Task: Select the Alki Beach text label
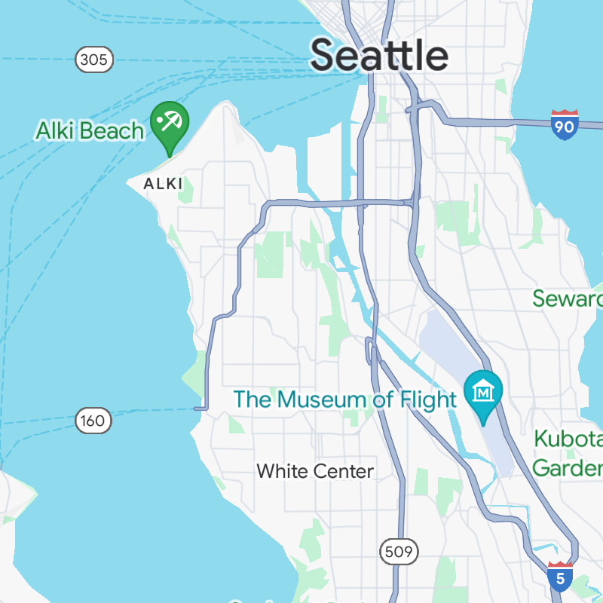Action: tap(90, 130)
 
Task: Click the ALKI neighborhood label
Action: tap(164, 183)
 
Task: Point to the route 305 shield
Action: tap(94, 59)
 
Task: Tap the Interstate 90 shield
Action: tap(564, 125)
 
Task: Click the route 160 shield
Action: tap(93, 421)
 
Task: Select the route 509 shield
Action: tap(397, 552)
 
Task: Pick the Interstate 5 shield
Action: tap(559, 577)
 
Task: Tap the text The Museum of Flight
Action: tap(345, 399)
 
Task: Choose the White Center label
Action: tap(315, 471)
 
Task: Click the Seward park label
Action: tap(567, 298)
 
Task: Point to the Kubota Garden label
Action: tap(568, 452)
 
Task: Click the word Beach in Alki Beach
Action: tap(113, 130)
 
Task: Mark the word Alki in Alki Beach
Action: tap(57, 130)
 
